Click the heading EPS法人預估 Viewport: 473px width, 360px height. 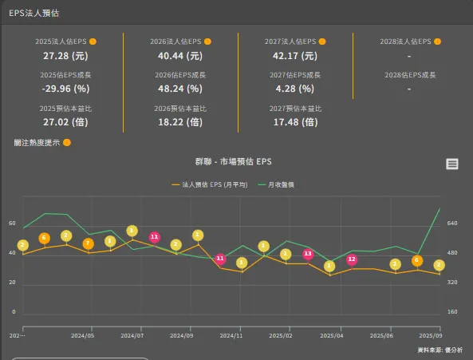click(x=34, y=14)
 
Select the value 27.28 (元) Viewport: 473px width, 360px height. click(x=65, y=57)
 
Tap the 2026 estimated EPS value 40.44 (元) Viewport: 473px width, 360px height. click(x=180, y=57)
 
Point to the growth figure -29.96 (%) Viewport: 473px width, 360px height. click(x=65, y=89)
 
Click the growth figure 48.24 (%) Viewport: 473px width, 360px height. click(x=180, y=89)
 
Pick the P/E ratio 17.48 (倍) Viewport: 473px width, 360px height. click(x=295, y=122)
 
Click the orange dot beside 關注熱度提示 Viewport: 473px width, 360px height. click(x=67, y=143)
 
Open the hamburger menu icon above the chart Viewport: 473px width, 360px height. click(x=452, y=164)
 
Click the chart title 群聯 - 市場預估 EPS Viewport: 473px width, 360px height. click(x=234, y=161)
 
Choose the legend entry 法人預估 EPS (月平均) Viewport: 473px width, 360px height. click(x=210, y=184)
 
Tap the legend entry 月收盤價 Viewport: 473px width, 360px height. click(x=276, y=184)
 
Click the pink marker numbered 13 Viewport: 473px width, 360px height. click(x=308, y=254)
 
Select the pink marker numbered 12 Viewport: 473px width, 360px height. click(x=352, y=259)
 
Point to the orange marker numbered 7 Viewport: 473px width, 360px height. click(x=89, y=243)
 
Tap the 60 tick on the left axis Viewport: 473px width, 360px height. click(x=12, y=224)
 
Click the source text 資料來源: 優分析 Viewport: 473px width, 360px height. click(x=440, y=350)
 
